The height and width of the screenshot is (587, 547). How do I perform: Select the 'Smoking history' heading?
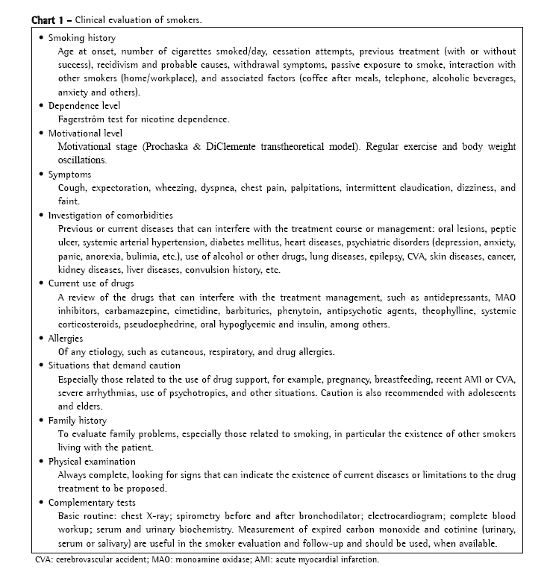click(82, 37)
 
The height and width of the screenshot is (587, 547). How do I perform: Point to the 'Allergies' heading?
click(67, 338)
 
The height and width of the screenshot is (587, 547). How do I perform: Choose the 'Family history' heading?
click(78, 420)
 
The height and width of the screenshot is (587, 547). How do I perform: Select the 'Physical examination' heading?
click(92, 461)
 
